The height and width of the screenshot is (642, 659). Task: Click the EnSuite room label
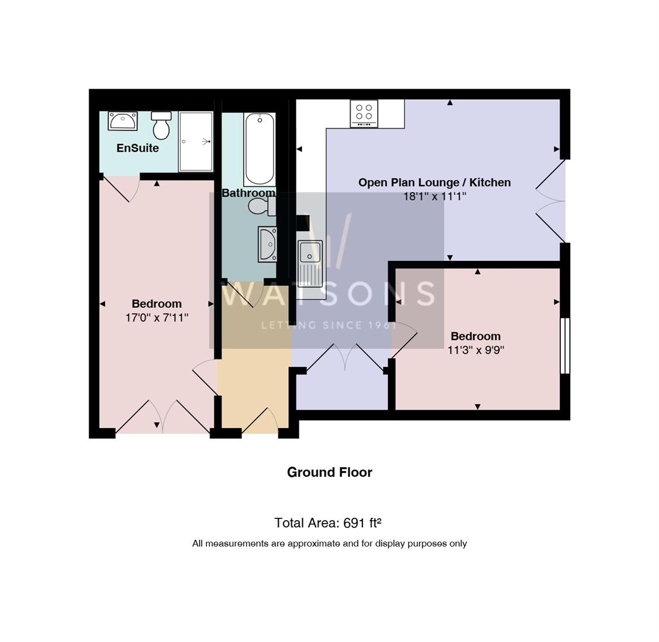coord(137,148)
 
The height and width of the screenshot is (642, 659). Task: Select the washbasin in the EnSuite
coord(122,120)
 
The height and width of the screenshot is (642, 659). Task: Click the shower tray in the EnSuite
coord(196,141)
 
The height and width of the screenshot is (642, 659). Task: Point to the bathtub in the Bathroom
coord(259,149)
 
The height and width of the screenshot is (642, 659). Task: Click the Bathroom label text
coord(248,193)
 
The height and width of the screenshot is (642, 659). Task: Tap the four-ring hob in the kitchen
coord(364,112)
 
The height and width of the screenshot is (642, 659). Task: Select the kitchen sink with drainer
coord(310,262)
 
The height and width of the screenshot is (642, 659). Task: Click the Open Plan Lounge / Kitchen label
coord(434,182)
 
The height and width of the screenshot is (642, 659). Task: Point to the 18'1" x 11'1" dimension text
coord(434,196)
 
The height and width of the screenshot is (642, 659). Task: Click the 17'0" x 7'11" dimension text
coord(157,317)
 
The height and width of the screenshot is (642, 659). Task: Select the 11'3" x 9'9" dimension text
coord(475,350)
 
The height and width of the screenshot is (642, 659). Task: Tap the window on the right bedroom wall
coord(565,346)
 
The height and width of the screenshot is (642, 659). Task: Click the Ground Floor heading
coord(329,472)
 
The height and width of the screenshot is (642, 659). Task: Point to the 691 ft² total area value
coord(362,523)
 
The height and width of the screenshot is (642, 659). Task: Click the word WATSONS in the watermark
coord(329,294)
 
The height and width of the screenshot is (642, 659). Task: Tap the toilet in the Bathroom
coord(261,206)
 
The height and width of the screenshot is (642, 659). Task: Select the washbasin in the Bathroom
coord(267,244)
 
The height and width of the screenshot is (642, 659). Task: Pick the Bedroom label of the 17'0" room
coord(157,304)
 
